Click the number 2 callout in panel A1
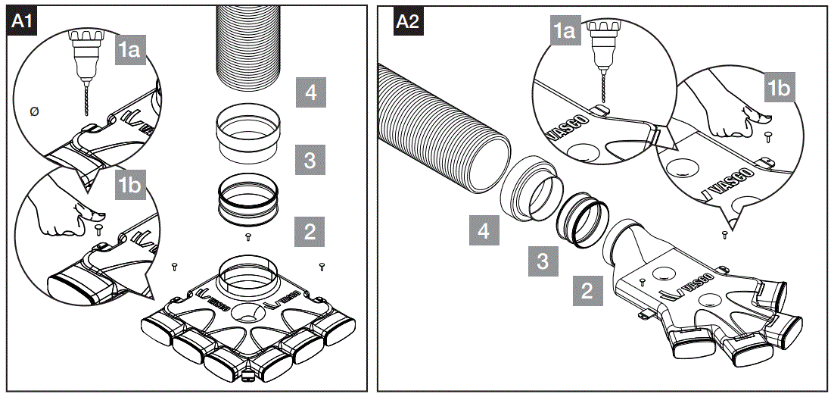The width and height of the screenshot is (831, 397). click(x=309, y=230)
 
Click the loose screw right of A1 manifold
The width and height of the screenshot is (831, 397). click(x=322, y=266)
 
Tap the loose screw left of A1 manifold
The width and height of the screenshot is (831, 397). click(x=175, y=266)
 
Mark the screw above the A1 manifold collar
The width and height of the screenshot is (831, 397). click(x=249, y=237)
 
